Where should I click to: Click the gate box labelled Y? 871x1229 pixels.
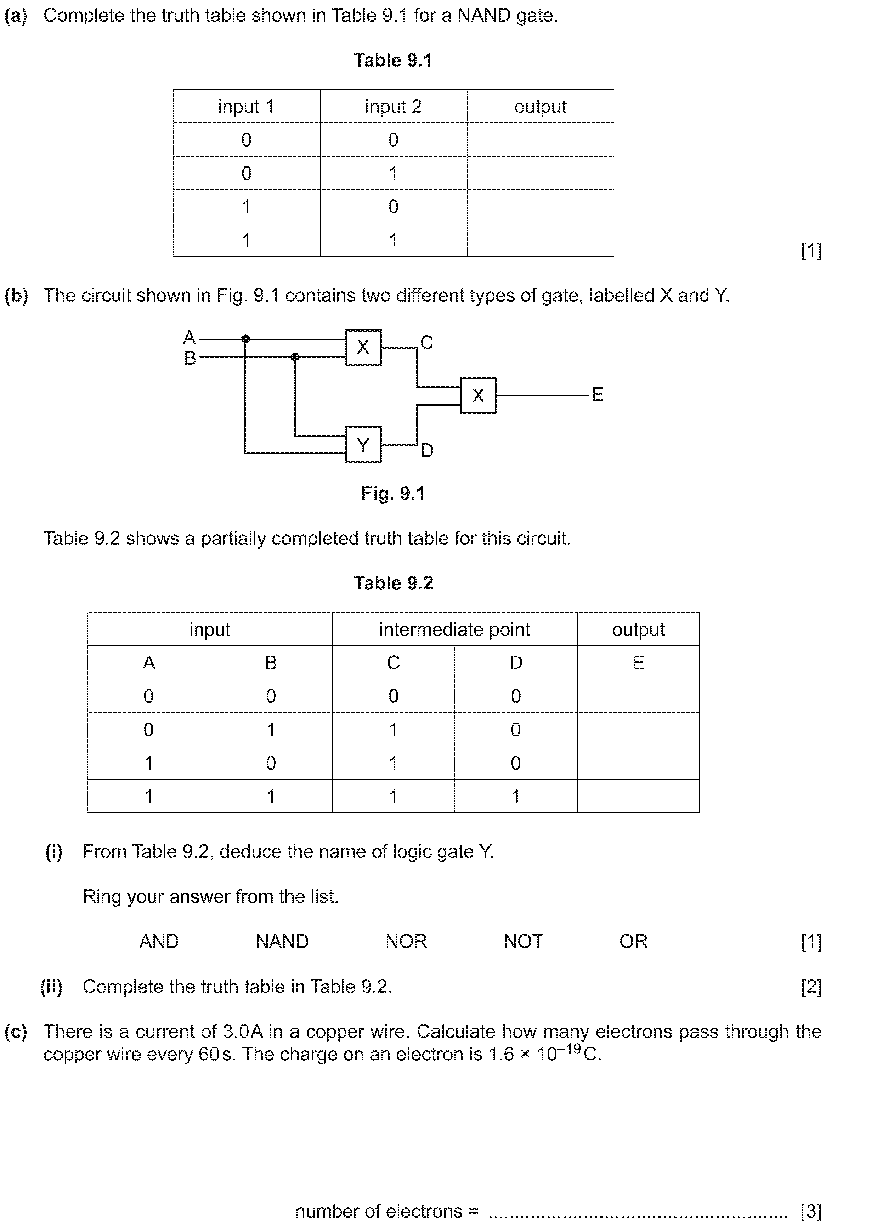pyautogui.click(x=363, y=444)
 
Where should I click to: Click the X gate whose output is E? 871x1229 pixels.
pyautogui.click(x=478, y=395)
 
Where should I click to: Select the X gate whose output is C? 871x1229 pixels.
pyautogui.click(x=363, y=347)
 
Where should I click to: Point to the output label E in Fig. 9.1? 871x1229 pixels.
pyautogui.click(x=597, y=395)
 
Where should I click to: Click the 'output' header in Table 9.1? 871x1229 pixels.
pyautogui.click(x=540, y=107)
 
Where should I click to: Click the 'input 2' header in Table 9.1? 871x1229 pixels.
pyautogui.click(x=393, y=107)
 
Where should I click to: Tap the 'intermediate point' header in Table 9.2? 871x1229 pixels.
pyautogui.click(x=454, y=629)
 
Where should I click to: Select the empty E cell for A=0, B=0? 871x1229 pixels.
pyautogui.click(x=638, y=696)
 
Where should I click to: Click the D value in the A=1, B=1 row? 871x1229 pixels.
pyautogui.click(x=515, y=796)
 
